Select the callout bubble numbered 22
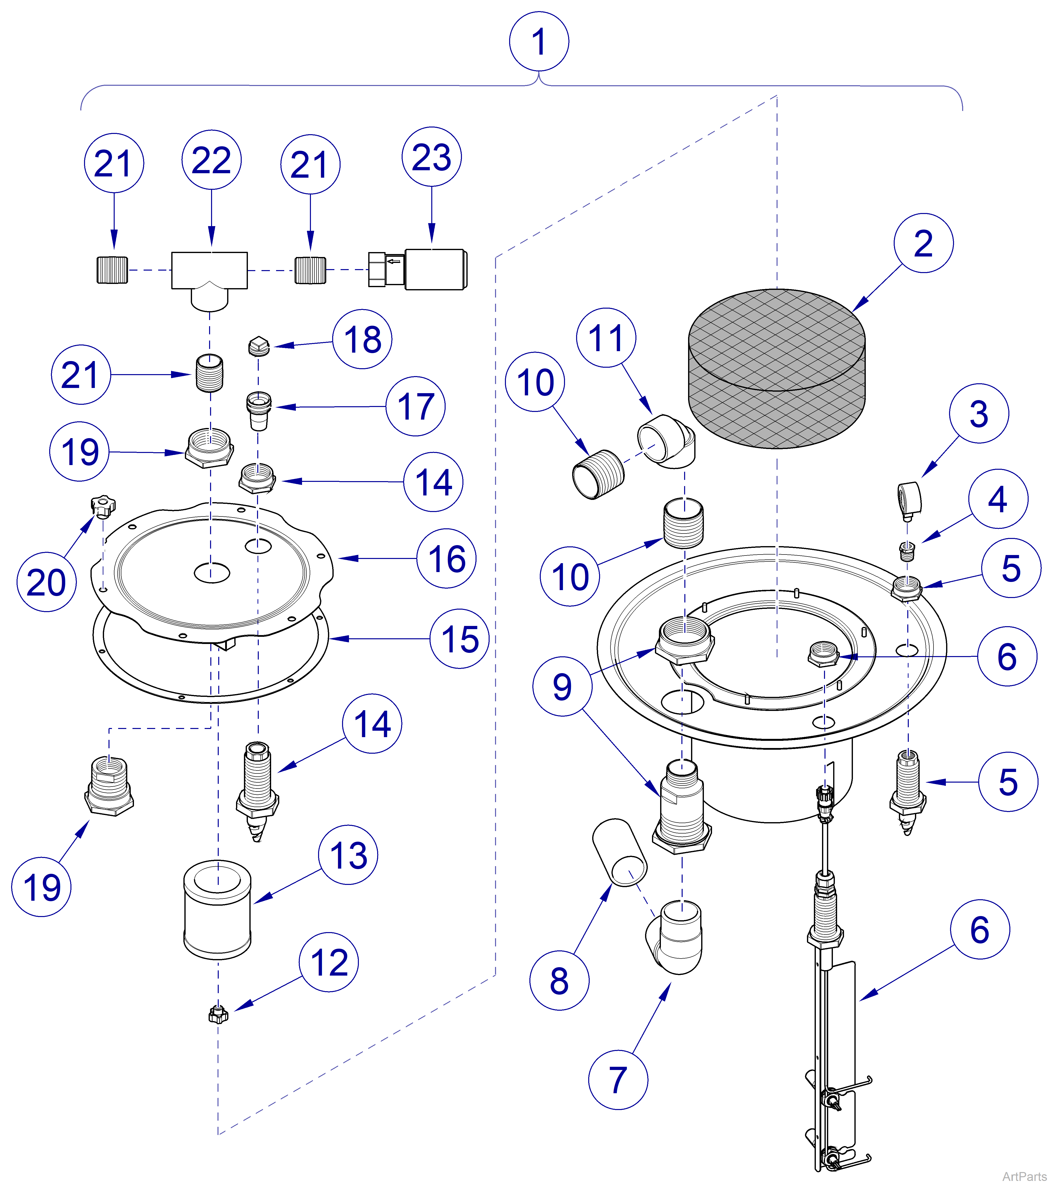tap(211, 160)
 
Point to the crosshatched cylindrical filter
tap(777, 369)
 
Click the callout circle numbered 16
tap(446, 558)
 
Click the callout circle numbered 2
tap(923, 243)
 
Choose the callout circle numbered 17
tap(415, 406)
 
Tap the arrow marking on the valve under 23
tap(393, 261)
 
